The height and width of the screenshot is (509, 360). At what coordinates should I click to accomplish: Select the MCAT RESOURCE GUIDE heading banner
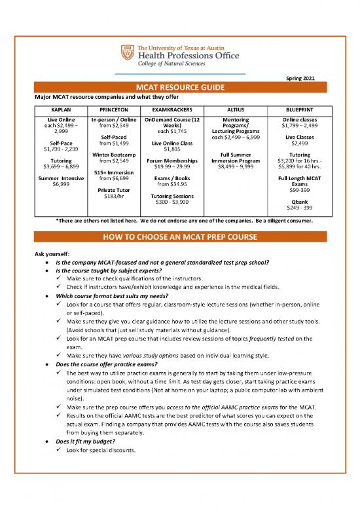[x=179, y=88]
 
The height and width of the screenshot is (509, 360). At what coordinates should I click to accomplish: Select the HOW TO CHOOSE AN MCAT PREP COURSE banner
[x=179, y=236]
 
